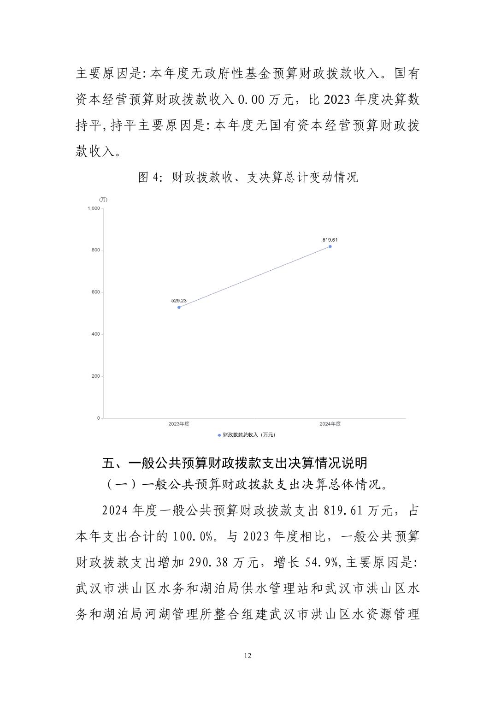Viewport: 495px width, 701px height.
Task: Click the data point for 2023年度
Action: point(179,307)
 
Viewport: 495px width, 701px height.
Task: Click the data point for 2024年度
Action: point(330,246)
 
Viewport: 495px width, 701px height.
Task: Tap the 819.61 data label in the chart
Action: point(330,240)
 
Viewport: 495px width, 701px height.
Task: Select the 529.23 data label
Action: point(179,301)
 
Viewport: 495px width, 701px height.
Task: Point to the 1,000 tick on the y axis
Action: point(94,208)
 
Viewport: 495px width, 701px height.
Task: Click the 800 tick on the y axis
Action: point(95,250)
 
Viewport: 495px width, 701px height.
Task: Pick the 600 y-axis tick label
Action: point(95,292)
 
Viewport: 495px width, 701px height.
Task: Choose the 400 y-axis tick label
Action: point(95,334)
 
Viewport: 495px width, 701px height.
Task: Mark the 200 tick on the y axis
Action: point(95,376)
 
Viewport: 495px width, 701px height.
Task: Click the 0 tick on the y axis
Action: point(98,418)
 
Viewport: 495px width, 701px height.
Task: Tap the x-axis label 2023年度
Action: point(179,424)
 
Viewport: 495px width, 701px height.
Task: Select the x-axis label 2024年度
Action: point(330,424)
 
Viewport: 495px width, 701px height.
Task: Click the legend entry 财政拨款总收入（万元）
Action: point(247,435)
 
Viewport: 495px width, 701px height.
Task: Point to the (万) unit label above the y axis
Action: point(103,200)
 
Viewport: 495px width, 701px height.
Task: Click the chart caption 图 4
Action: point(247,178)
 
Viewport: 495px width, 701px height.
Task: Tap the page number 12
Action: point(247,656)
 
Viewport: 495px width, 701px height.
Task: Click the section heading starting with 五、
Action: point(235,463)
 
